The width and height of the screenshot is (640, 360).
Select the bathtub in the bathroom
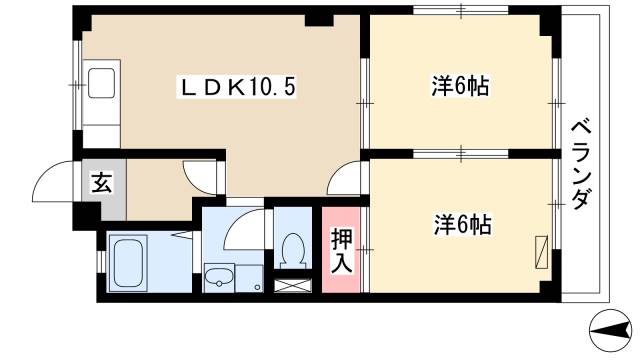(x=129, y=262)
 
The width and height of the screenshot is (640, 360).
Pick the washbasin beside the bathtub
(x=218, y=276)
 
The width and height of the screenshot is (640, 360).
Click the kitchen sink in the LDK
(x=102, y=83)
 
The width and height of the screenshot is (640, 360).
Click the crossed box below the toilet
(x=293, y=284)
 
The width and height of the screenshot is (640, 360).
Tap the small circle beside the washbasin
(x=257, y=287)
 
